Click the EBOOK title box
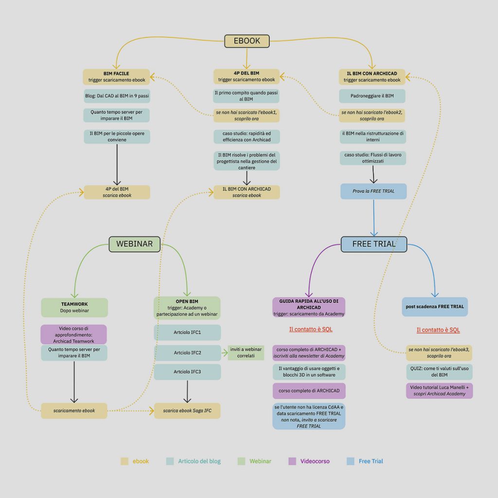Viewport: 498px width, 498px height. pos(247,41)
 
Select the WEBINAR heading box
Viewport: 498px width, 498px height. pos(134,244)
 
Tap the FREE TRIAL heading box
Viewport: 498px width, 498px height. pos(374,244)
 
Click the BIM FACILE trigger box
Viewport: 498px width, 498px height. pos(116,77)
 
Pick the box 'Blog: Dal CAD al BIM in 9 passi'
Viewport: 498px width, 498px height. pos(117,96)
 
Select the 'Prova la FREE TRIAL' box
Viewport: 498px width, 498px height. pos(373,191)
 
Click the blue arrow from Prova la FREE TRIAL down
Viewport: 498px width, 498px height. pos(374,218)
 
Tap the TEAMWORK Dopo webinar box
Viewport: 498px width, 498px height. pos(74,307)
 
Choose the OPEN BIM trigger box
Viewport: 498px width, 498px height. pos(187,308)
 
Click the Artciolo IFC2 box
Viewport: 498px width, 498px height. pos(187,353)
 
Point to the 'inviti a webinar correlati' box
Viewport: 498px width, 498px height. pos(246,353)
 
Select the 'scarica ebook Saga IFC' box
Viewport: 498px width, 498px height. pos(187,410)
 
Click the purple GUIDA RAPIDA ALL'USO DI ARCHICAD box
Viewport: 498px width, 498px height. pos(309,307)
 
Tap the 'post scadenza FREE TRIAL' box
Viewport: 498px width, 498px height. pos(435,307)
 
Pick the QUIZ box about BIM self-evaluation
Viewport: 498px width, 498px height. pos(439,372)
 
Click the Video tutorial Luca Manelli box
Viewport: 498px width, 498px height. pos(439,391)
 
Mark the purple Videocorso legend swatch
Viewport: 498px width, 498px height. pos(292,461)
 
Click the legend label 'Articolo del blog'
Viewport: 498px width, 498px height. pos(199,461)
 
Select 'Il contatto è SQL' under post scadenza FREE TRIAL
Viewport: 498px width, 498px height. pos(438,330)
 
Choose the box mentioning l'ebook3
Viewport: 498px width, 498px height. pos(439,353)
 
